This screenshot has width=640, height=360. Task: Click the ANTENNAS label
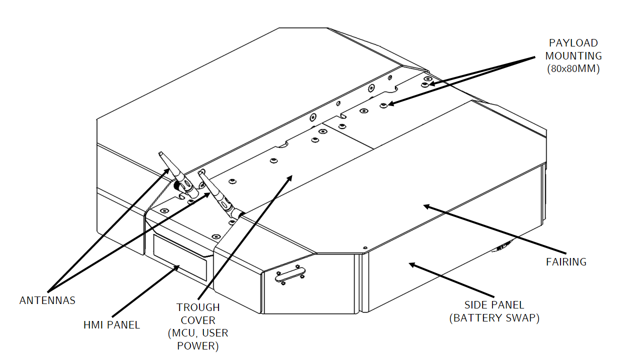coord(47,300)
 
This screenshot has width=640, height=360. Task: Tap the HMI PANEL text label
coord(111,325)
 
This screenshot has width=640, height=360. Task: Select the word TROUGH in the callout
coord(197,307)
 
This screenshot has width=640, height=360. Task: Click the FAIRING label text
coord(566,261)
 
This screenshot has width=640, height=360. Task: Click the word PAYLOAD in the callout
coord(573,43)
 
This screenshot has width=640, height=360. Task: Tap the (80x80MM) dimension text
coord(573,69)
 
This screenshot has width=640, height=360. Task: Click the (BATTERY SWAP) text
coord(494,317)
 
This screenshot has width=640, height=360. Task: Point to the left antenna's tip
coord(160,153)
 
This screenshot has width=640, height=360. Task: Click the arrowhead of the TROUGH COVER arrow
coord(290,177)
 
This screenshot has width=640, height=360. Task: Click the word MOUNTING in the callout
coord(573,56)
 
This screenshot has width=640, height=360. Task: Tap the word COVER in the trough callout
coord(198,320)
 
